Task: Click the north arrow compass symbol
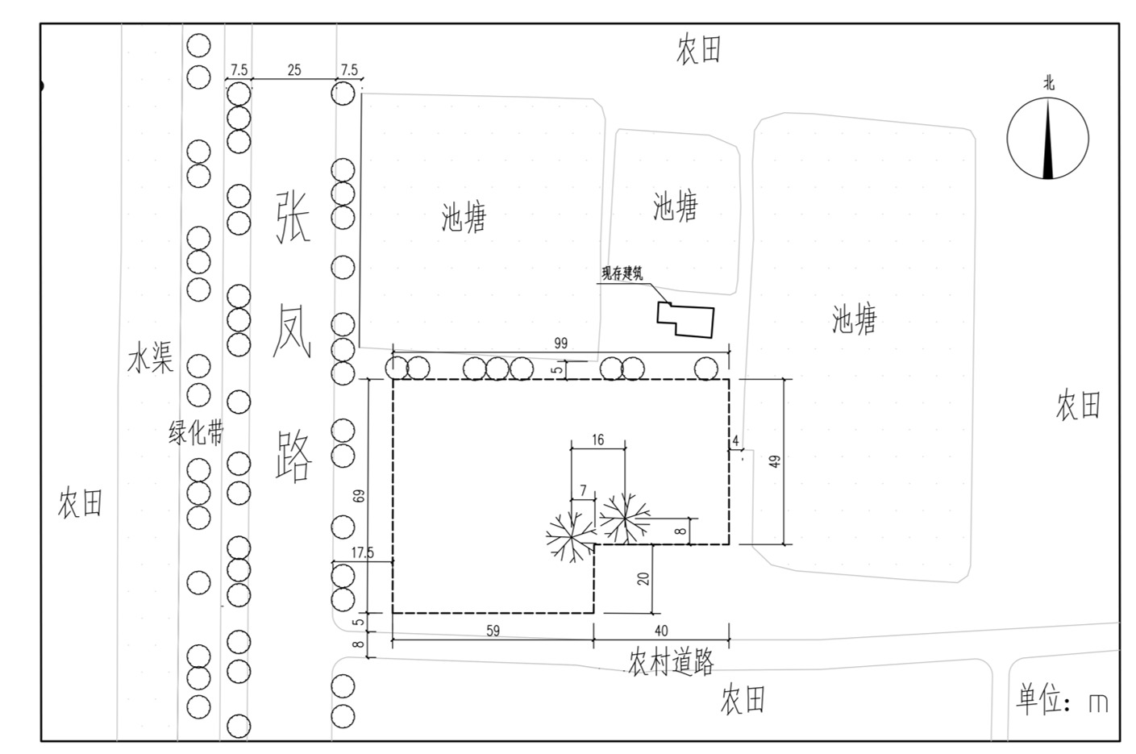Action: tap(1047, 137)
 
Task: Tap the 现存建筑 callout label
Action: tap(622, 274)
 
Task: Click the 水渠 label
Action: tap(150, 360)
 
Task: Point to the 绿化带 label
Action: tap(195, 433)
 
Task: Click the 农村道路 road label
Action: tap(671, 663)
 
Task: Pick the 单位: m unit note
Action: tap(1062, 700)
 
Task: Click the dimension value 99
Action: tap(560, 344)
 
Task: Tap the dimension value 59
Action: tap(493, 631)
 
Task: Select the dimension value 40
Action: tap(661, 631)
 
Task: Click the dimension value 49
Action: tap(776, 461)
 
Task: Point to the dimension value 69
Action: tap(360, 495)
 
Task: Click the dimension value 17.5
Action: tap(363, 553)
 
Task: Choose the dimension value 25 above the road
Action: tap(293, 70)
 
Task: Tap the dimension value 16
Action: tap(597, 440)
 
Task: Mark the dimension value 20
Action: tap(643, 578)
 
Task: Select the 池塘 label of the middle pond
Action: tap(675, 206)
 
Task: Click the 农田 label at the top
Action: tap(698, 50)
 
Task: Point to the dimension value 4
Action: tap(735, 441)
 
